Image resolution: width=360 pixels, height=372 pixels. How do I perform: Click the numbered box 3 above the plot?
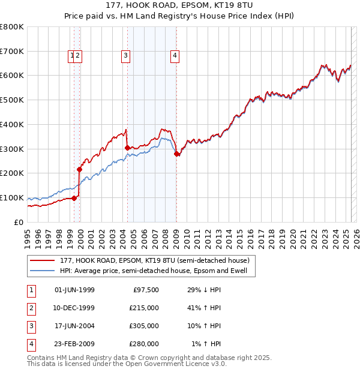[x=125, y=56]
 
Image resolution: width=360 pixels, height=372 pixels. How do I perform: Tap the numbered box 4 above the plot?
[x=175, y=56]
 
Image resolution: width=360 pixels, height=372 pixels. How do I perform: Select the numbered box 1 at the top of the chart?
[x=72, y=56]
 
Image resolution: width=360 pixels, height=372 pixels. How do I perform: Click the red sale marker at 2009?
[x=176, y=154]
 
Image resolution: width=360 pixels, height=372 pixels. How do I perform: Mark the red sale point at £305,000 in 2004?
[x=127, y=148]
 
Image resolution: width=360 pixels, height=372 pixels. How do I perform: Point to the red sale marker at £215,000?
[x=79, y=169]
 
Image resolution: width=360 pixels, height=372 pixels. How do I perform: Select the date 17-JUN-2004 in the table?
[x=74, y=326]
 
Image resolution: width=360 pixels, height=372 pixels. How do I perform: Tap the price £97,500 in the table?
[x=146, y=290]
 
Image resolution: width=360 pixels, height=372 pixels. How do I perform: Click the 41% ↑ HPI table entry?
[x=205, y=308]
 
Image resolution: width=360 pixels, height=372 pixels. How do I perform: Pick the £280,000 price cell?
[x=144, y=344]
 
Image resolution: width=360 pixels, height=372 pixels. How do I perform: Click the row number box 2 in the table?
[x=31, y=308]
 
